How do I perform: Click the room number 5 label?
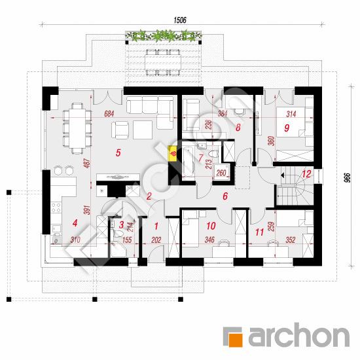(x=118, y=153)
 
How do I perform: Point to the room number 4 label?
(x=75, y=223)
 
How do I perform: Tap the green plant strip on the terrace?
(x=155, y=35)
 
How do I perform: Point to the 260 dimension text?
(x=221, y=173)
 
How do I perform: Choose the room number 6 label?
(x=225, y=196)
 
